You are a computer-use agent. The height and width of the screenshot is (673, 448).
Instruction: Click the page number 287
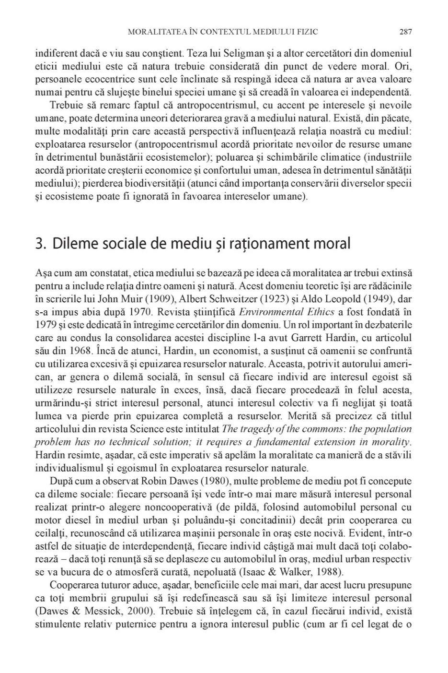[405, 32]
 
